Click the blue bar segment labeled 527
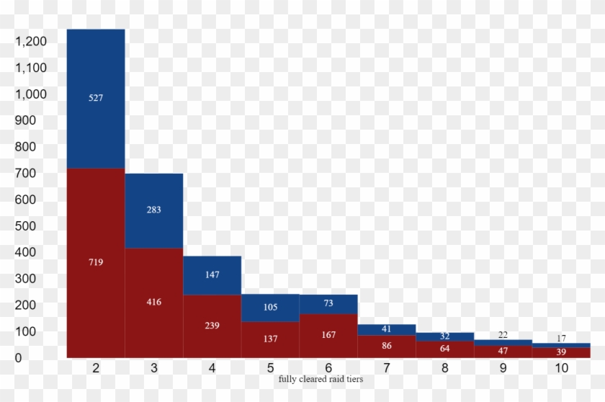click(96, 99)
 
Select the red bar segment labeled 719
click(96, 263)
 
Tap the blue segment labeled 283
click(154, 210)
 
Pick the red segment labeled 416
click(154, 303)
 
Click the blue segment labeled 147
click(212, 274)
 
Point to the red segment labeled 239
click(212, 326)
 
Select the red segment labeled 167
click(328, 335)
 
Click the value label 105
click(270, 307)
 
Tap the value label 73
click(328, 303)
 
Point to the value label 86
click(387, 346)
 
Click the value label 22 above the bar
click(503, 334)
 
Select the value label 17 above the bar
click(561, 338)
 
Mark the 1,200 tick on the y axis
click(30, 42)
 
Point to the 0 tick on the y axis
click(19, 357)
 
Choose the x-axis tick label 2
click(96, 368)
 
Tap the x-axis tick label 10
click(561, 368)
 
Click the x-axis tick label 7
click(387, 368)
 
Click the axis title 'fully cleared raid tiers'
click(321, 379)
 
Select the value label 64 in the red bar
click(444, 349)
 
